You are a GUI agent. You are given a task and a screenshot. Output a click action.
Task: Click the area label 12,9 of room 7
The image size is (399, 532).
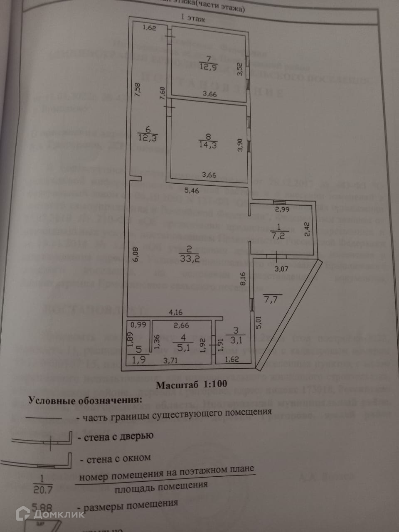pyautogui.click(x=208, y=67)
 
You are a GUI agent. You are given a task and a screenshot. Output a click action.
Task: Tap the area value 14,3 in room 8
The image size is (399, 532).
pyautogui.click(x=208, y=145)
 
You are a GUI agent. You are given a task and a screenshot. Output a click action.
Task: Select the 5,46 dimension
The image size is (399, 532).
pyautogui.click(x=192, y=191)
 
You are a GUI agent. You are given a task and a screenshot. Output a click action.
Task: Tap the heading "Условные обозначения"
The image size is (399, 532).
pyautogui.click(x=85, y=400)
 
